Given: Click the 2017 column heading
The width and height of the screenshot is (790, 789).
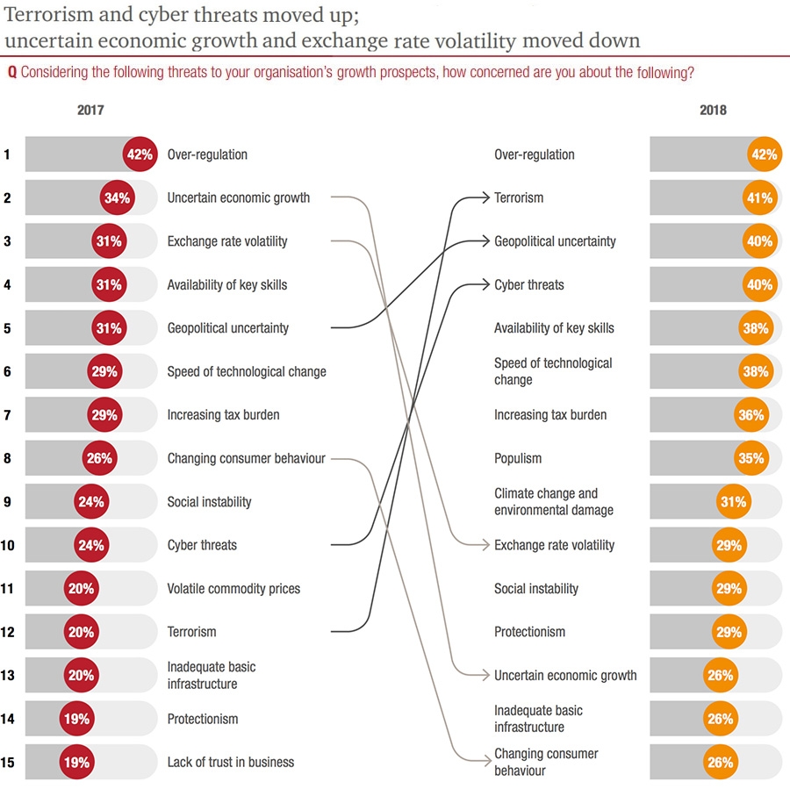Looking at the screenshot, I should tap(90, 111).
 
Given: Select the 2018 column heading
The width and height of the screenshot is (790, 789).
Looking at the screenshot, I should tap(713, 111).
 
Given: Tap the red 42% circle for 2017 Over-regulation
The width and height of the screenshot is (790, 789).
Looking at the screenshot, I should tap(140, 154).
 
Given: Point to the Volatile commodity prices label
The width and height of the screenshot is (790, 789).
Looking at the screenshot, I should tap(233, 589).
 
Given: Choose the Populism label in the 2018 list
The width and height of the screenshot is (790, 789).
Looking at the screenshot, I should tap(518, 458).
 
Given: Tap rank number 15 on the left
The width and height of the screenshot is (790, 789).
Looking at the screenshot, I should tap(8, 763).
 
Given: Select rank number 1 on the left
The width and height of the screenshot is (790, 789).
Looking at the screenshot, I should tap(8, 154).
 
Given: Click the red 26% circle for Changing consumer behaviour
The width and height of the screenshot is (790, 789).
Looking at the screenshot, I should tap(99, 458).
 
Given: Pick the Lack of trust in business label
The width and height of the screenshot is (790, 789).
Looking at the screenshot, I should tap(230, 763).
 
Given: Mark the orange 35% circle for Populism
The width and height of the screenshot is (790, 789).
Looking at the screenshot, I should tap(752, 458).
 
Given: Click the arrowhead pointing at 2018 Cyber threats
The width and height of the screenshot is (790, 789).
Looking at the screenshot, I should tap(485, 285).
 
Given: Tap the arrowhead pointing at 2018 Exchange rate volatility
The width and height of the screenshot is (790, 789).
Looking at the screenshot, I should tap(485, 545).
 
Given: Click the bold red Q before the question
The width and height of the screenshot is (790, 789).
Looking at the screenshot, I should tap(11, 73).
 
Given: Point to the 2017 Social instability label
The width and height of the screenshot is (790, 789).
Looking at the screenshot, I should tap(209, 502).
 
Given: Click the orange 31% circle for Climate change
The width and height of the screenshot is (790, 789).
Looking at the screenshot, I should tap(733, 502).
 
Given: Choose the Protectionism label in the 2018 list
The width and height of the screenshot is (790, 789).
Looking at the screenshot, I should tap(529, 632).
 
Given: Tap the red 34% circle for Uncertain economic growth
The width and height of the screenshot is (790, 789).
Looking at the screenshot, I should tap(117, 198).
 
